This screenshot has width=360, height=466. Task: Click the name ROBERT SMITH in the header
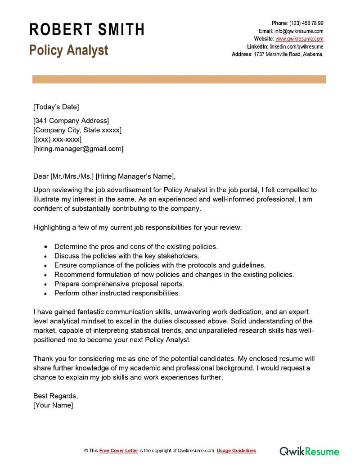point(87,30)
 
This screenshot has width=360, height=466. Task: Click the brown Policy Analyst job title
point(69,50)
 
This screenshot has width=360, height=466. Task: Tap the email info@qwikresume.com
point(299,31)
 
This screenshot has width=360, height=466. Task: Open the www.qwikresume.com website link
point(299,39)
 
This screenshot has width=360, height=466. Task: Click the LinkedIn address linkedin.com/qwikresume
point(296,46)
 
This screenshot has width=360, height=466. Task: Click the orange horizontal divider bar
point(179,79)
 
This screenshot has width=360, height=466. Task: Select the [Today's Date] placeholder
point(56,107)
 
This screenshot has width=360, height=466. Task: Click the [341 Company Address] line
point(71,121)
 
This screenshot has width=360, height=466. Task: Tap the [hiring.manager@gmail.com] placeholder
point(78,149)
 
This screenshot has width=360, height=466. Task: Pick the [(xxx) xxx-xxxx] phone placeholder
point(57,140)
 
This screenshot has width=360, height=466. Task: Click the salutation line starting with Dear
point(104,176)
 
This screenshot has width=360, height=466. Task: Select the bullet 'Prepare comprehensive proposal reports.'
point(119,284)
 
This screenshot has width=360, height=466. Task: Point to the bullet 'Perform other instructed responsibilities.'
point(117,293)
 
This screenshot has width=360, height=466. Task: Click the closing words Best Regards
point(55,396)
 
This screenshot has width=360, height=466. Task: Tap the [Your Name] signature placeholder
point(53,405)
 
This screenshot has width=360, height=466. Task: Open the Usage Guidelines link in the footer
point(236,451)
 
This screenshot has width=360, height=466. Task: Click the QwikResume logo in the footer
point(310,451)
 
